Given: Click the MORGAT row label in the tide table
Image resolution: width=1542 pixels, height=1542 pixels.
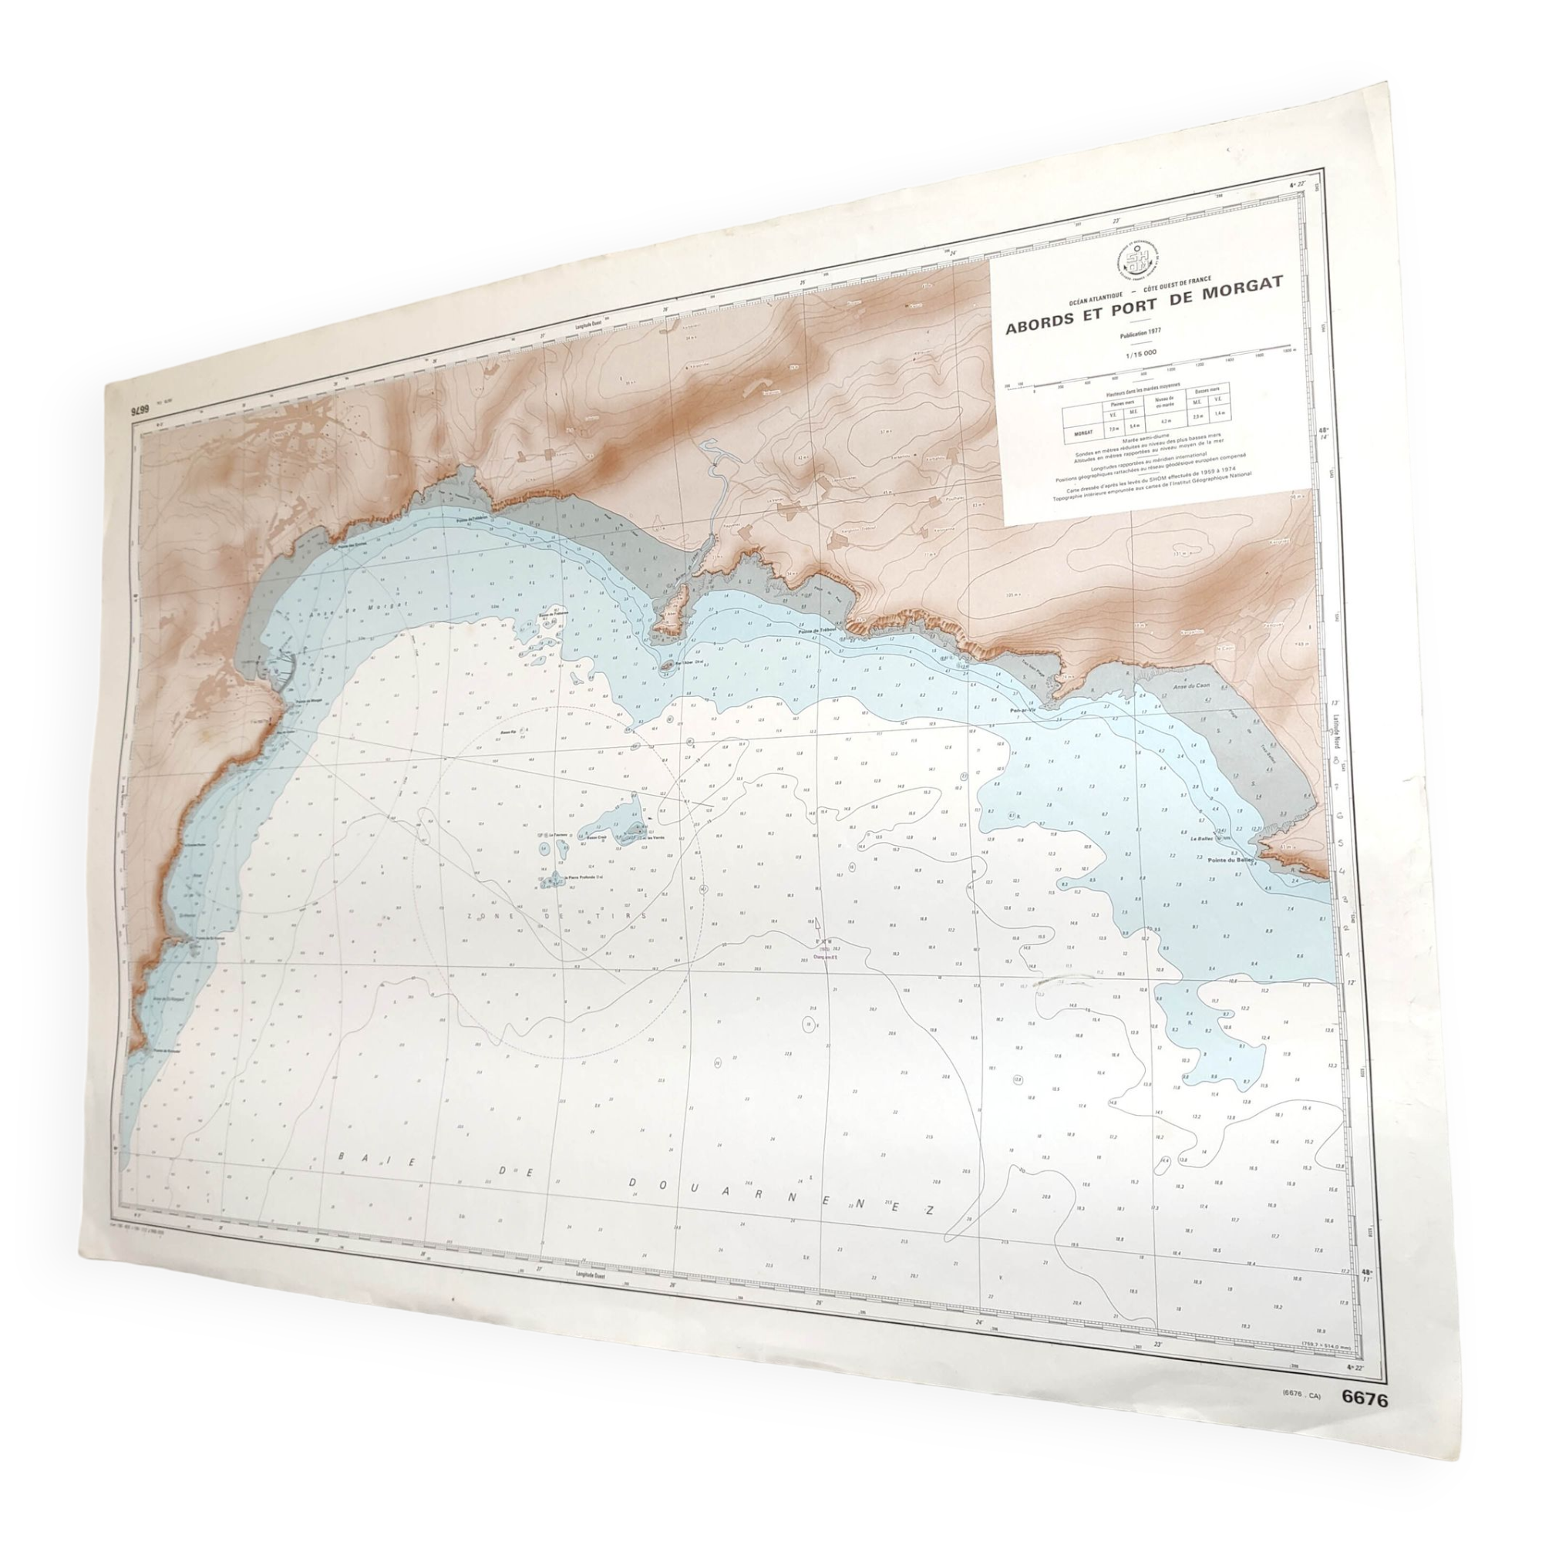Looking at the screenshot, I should [x=1083, y=433].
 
